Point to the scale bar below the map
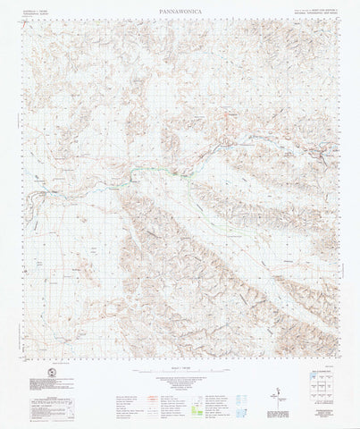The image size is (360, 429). [179, 371]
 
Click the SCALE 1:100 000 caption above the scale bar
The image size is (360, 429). [179, 364]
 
